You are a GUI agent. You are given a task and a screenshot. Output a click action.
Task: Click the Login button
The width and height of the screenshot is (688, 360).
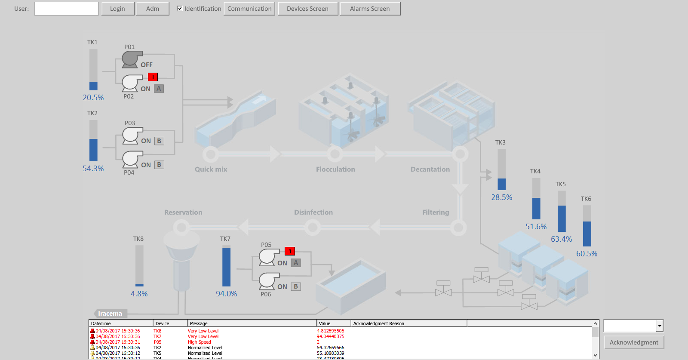117,9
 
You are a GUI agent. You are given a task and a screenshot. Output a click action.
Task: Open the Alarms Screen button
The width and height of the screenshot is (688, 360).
370,9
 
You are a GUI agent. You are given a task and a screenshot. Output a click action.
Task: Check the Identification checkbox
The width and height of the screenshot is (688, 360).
180,8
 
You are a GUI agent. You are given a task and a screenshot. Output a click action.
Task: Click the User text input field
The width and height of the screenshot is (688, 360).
66,9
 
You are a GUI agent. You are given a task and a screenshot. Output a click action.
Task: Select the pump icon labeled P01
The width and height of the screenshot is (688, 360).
132,59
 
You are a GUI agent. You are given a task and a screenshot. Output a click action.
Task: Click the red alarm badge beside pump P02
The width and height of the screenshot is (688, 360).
153,77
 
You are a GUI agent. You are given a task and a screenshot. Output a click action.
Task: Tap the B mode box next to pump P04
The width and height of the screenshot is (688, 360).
159,165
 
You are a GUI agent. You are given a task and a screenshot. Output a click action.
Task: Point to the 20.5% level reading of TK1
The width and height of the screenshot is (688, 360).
93,98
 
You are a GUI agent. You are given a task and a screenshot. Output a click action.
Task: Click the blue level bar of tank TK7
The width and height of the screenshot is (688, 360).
226,267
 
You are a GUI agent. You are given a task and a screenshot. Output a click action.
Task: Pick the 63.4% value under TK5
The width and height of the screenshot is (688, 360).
561,239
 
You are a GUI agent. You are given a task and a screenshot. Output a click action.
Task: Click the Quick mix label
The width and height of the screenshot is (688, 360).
211,169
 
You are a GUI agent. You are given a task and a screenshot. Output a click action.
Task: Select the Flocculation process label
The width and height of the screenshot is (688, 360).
335,169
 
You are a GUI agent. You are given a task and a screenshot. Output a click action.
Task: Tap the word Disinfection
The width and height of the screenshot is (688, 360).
313,212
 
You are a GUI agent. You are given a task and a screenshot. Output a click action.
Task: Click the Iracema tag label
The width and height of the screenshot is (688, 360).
110,314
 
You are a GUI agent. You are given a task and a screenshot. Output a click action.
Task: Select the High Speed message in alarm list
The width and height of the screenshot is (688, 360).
199,342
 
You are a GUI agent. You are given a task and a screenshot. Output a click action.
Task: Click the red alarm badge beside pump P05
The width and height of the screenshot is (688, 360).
290,251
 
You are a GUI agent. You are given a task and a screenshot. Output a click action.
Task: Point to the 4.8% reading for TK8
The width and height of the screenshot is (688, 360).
139,294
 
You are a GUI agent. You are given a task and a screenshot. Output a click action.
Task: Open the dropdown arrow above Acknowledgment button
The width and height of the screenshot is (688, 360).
659,326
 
